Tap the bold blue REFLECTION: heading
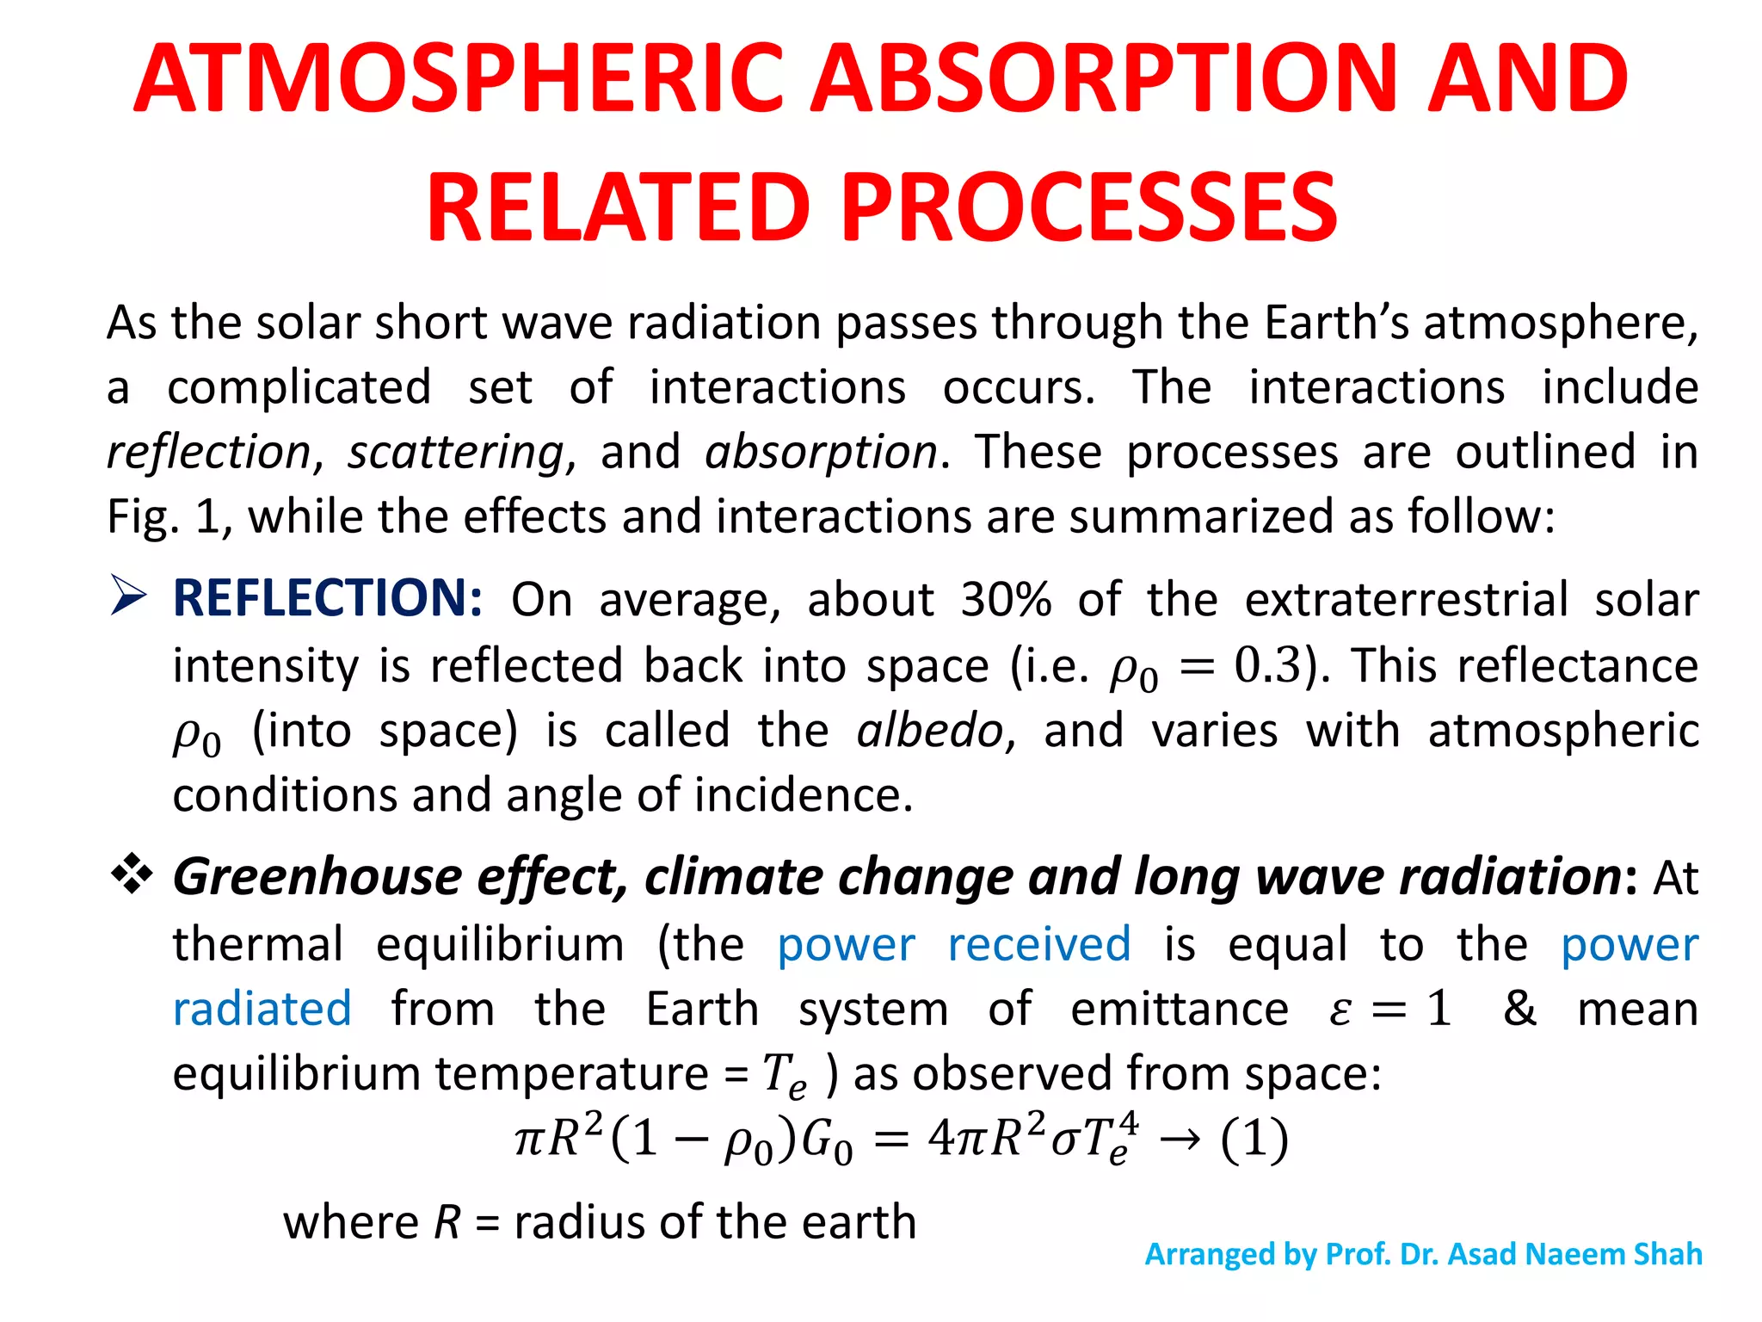point(328,597)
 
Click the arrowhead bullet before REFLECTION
point(129,596)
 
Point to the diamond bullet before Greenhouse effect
point(132,874)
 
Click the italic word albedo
point(930,731)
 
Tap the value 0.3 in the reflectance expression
point(1267,665)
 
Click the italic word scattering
point(455,453)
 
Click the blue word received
point(1038,944)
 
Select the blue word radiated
point(262,1009)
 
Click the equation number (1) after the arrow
point(1254,1140)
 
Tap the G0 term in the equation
point(826,1141)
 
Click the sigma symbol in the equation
point(1064,1141)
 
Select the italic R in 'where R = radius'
point(447,1222)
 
